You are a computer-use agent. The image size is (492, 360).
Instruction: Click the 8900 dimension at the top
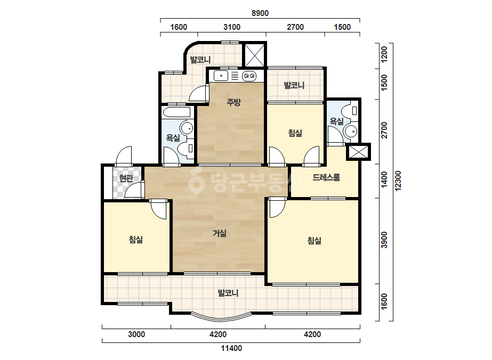[x=260, y=13]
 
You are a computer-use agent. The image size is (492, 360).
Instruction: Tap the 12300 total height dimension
[x=398, y=181]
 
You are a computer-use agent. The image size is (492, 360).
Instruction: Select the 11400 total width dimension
[x=231, y=348]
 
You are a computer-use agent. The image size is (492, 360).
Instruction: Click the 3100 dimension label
[x=232, y=27]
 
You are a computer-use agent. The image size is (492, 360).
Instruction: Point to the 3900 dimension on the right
[x=384, y=240]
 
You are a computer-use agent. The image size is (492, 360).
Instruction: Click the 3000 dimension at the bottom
[x=136, y=334]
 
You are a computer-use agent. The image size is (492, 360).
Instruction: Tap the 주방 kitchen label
[x=234, y=102]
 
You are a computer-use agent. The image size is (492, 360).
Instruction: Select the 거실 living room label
[x=220, y=233]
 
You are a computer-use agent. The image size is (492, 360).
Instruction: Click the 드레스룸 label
[x=326, y=177]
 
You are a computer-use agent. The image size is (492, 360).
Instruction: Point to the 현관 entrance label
[x=126, y=178]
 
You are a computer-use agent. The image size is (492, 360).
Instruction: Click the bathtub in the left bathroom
[x=176, y=112]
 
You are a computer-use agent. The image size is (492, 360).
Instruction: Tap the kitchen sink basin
[x=221, y=76]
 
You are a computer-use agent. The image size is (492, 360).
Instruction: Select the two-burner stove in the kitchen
[x=249, y=76]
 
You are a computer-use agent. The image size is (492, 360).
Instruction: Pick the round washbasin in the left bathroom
[x=187, y=128]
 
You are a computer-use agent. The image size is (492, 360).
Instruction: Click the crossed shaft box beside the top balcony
[x=254, y=55]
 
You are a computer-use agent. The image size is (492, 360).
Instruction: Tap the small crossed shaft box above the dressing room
[x=358, y=152]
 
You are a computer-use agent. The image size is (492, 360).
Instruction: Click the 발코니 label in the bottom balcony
[x=228, y=293]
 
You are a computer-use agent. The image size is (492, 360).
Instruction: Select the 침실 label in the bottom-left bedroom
[x=136, y=240]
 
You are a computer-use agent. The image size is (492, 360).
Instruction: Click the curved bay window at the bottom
[x=222, y=317]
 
